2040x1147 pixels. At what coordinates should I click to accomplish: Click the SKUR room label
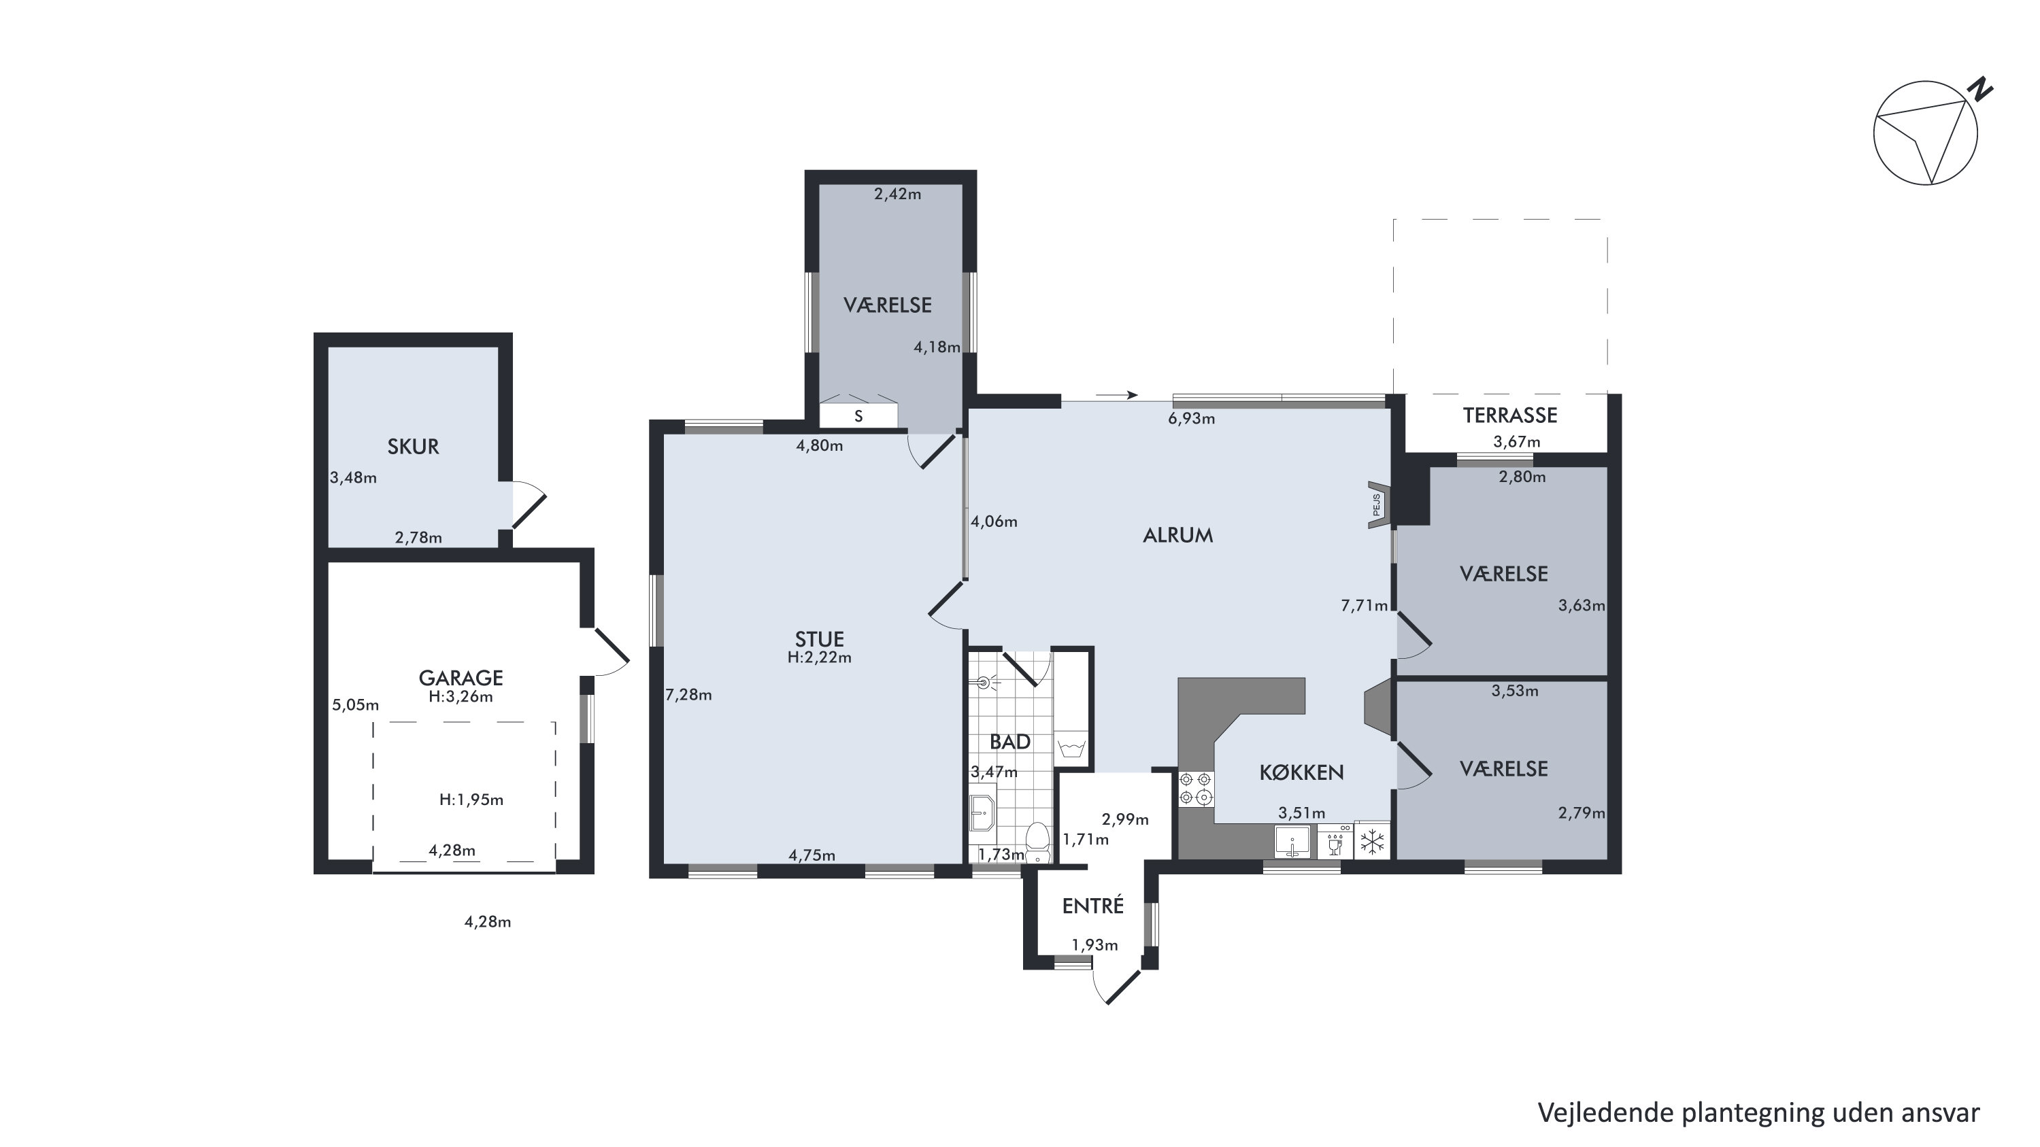413,447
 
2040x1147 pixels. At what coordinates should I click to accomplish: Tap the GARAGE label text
461,678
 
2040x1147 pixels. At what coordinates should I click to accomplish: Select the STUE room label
820,639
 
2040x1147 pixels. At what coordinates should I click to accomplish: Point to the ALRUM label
1177,535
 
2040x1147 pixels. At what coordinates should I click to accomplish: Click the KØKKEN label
1301,772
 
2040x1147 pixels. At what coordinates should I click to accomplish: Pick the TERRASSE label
1509,415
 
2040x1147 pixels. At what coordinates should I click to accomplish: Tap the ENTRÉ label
1093,905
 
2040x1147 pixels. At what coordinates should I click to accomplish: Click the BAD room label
1009,742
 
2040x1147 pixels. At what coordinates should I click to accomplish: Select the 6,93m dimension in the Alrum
1191,419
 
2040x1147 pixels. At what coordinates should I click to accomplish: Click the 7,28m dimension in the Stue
688,695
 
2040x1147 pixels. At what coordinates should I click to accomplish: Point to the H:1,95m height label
471,800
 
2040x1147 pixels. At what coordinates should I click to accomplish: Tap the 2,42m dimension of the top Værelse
897,194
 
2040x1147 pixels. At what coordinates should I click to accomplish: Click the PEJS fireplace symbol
1378,504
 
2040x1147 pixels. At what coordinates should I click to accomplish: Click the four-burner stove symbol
1196,789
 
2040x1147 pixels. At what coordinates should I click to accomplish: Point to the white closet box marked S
858,415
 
